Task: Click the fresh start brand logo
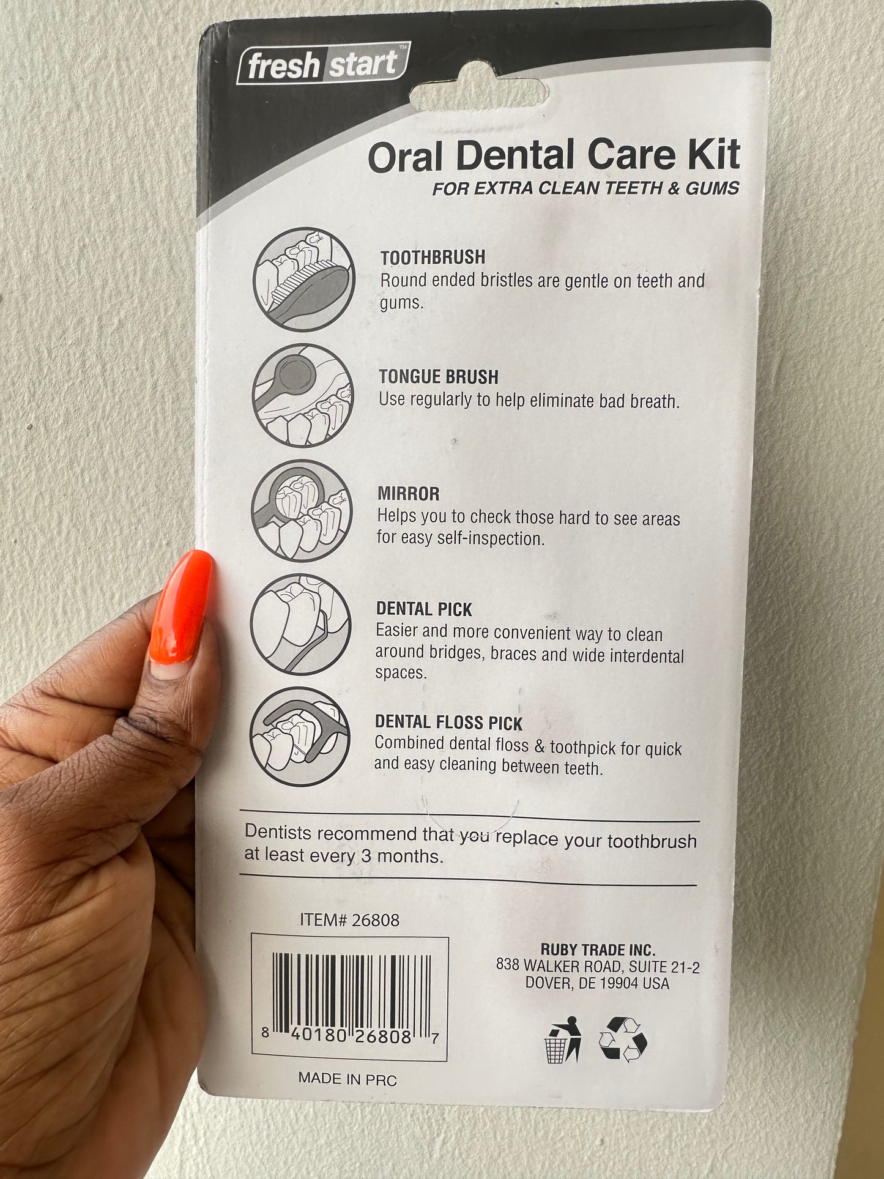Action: [323, 64]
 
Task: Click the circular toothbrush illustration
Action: [304, 280]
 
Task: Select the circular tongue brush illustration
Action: [303, 395]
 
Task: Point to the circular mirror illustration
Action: [302, 511]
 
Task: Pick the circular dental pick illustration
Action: [301, 624]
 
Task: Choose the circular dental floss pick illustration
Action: [300, 737]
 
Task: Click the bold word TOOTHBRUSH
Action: [433, 258]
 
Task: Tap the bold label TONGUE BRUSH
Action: [439, 377]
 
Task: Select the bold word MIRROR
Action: [409, 494]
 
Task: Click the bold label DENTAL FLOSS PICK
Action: [449, 723]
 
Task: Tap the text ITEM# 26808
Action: [349, 920]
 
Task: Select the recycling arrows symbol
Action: [623, 1038]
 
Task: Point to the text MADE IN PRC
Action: [347, 1078]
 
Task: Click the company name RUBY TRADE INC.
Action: [598, 950]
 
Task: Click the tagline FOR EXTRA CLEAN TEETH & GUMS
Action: [586, 188]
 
